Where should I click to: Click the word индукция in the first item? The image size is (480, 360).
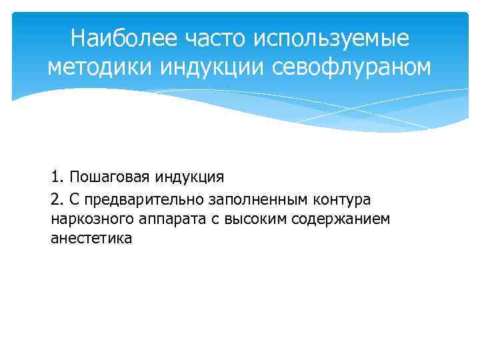click(191, 178)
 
